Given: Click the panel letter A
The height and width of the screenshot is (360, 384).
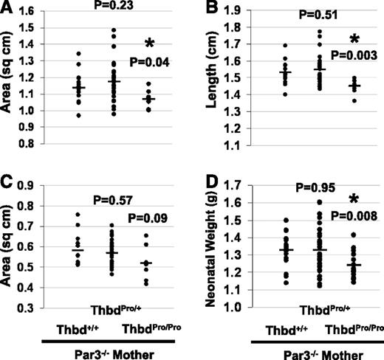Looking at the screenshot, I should coord(7,9).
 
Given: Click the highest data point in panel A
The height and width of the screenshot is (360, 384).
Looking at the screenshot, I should coord(114,30).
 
